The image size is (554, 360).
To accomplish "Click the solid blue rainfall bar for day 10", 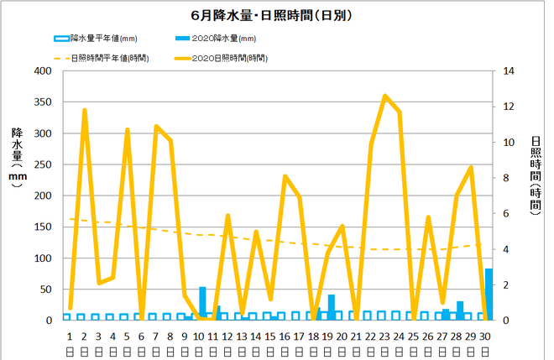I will coord(202,303).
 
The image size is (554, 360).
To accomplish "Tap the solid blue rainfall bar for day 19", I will coord(332,307).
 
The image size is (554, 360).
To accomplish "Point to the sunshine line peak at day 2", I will coord(85,110).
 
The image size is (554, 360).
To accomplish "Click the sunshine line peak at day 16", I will coord(285,176).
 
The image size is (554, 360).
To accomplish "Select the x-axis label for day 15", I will coord(270,336).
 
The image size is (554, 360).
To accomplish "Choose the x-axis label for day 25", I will coord(413,336).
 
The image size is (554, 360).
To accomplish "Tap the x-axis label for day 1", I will coord(70,336).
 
